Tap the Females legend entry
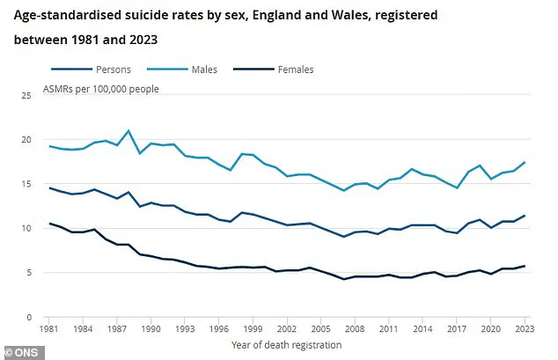point(295,70)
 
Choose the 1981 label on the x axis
point(50,330)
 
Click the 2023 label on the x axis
point(525,330)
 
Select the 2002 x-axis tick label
point(287,330)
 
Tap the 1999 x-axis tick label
point(253,330)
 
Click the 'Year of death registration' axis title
point(287,345)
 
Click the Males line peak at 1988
point(128,130)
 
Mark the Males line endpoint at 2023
point(525,162)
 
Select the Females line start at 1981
point(50,224)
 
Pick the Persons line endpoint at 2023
point(525,216)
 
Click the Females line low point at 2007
point(344,279)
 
